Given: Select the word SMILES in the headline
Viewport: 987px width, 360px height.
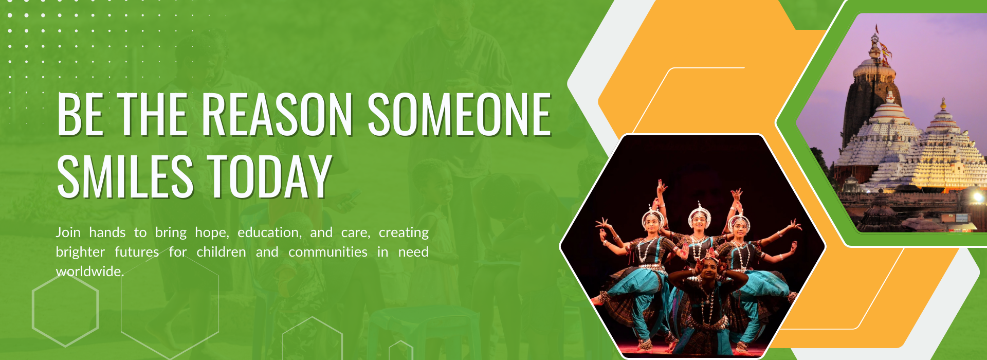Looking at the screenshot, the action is pos(125,176).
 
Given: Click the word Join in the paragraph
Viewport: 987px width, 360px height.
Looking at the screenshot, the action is pos(68,232).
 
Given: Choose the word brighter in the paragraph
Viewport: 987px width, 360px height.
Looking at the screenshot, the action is pos(80,252).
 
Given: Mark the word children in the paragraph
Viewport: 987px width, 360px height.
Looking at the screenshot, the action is pos(221,252).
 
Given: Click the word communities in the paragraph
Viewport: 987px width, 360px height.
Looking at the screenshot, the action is pos(328,252).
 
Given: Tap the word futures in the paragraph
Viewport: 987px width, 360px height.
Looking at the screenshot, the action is pos(137,252).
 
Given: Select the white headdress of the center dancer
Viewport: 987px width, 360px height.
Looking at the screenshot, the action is pos(699,211).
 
